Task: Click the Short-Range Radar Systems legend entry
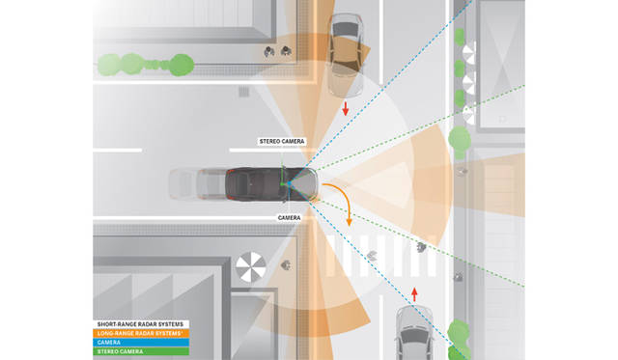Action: pyautogui.click(x=141, y=324)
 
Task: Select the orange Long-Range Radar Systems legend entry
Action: pyautogui.click(x=141, y=333)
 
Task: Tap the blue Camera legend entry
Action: pyautogui.click(x=141, y=343)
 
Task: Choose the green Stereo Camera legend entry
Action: pyautogui.click(x=141, y=351)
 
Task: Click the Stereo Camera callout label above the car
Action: pyautogui.click(x=282, y=142)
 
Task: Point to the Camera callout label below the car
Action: pyautogui.click(x=289, y=218)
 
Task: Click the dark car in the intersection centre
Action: pyautogui.click(x=271, y=184)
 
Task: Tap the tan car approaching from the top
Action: pyautogui.click(x=346, y=55)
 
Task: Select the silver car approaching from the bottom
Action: pyautogui.click(x=414, y=333)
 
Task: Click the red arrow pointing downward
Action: pyautogui.click(x=346, y=108)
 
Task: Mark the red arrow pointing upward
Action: pyautogui.click(x=414, y=294)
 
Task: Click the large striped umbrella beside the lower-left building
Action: pyautogui.click(x=251, y=267)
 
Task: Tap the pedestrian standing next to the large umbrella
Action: pyautogui.click(x=287, y=265)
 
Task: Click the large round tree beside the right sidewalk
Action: pyautogui.click(x=460, y=140)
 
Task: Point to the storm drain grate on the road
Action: pyautogui.click(x=244, y=92)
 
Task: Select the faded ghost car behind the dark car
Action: pyautogui.click(x=197, y=184)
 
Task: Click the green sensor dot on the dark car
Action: pyautogui.click(x=282, y=184)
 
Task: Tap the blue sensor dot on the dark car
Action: pyautogui.click(x=289, y=183)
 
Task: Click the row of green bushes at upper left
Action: pyautogui.click(x=146, y=65)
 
